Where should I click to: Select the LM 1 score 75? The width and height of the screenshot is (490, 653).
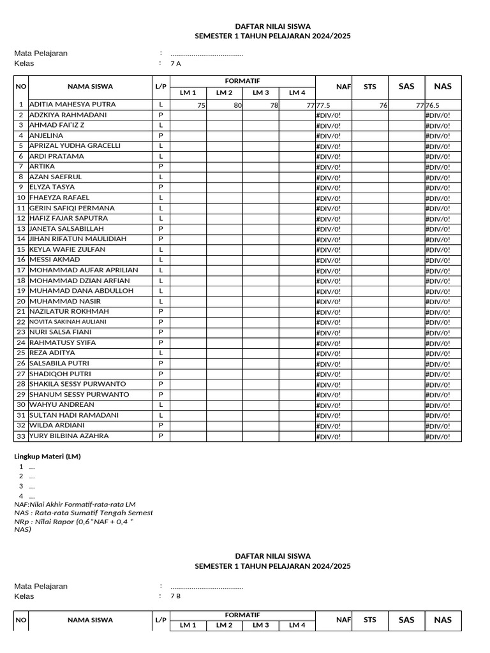pos(201,105)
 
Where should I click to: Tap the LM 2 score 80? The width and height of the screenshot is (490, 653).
pos(237,105)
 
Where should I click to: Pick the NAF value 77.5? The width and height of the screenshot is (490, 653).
pos(323,105)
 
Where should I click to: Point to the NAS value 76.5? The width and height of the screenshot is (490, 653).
pos(433,105)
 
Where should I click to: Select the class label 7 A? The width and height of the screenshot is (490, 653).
pos(175,64)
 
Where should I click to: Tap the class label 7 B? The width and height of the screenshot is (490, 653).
pos(175,596)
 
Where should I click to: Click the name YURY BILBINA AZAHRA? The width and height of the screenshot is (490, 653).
pos(69,436)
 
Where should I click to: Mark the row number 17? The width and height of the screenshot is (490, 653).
pos(21,270)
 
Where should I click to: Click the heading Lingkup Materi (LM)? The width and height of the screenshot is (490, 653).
pos(47,457)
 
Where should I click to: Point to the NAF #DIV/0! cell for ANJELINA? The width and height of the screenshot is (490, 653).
pos(329,136)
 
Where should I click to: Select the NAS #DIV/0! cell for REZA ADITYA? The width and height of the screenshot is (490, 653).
pos(438,353)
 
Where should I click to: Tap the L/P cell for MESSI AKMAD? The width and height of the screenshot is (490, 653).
pos(161,260)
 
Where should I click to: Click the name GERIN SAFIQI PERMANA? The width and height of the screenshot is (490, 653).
pos(72,209)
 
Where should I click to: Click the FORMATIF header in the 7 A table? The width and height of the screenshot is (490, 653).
pos(242,80)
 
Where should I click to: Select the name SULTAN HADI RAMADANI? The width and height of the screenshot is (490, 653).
pos(74,415)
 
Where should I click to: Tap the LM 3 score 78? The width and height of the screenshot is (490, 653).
pos(274,105)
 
